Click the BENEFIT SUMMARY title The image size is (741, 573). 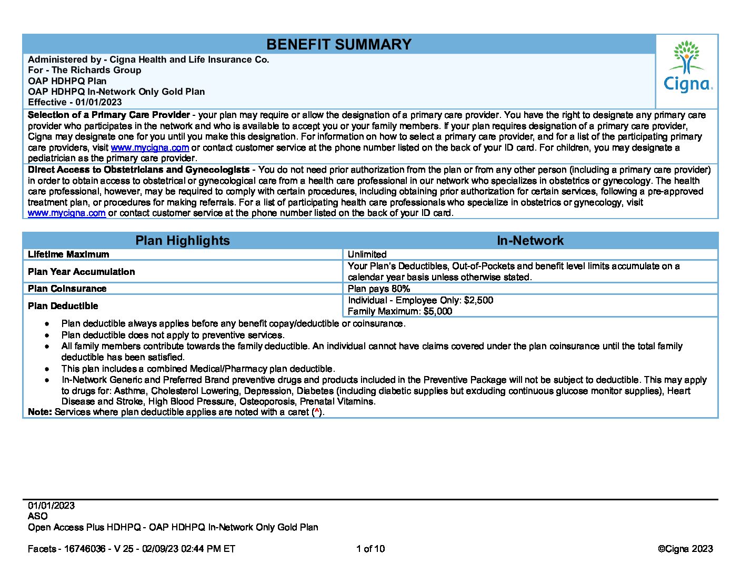pyautogui.click(x=338, y=44)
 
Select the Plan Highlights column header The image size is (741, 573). pyautogui.click(x=183, y=241)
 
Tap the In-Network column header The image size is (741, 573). pyautogui.click(x=530, y=241)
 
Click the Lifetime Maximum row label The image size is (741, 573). pyautogui.click(x=68, y=254)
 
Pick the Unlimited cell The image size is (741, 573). pyautogui.click(x=367, y=254)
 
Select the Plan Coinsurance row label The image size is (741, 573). pyautogui.click(x=67, y=289)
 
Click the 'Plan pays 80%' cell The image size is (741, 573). pyautogui.click(x=378, y=289)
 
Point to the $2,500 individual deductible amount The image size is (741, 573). pyautogui.click(x=478, y=300)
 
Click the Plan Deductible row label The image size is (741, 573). pyautogui.click(x=63, y=306)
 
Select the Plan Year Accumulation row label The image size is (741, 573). pyautogui.click(x=81, y=272)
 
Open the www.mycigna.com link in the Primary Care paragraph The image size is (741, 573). pyautogui.click(x=149, y=148)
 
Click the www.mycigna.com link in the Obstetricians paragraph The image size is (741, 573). pyautogui.click(x=67, y=213)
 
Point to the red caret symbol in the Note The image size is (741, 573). pyautogui.click(x=316, y=411)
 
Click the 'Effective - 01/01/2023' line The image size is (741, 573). pyautogui.click(x=75, y=102)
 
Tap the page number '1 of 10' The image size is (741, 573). pyautogui.click(x=370, y=549)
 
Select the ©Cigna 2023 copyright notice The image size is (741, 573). pyautogui.click(x=685, y=549)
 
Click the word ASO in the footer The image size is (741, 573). pyautogui.click(x=37, y=516)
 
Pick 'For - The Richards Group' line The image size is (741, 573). pyautogui.click(x=84, y=70)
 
